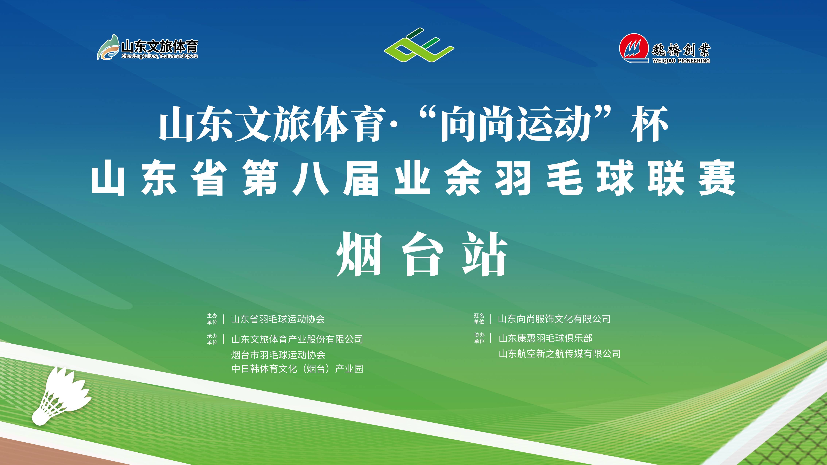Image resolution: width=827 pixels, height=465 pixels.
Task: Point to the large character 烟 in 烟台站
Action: pos(360,254)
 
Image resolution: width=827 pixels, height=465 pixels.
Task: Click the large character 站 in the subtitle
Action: pos(485,254)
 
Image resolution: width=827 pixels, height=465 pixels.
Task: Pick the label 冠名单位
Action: pos(479,319)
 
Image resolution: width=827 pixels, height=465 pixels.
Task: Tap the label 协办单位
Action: pos(479,338)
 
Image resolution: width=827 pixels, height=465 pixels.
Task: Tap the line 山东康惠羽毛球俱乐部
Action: pos(545,338)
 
